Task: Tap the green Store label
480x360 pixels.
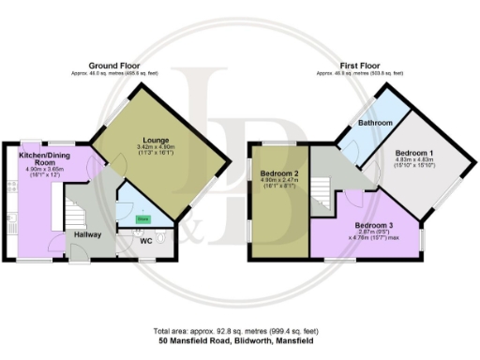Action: [x=142, y=218]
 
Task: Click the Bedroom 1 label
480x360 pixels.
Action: [x=413, y=153]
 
